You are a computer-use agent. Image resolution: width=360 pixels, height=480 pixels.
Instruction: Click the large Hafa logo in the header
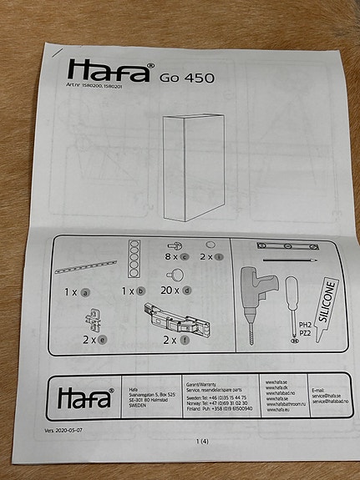tap(109, 70)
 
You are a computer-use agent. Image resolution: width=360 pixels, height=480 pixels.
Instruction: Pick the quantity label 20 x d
tap(176, 291)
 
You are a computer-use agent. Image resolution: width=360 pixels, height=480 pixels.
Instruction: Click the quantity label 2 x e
tap(94, 340)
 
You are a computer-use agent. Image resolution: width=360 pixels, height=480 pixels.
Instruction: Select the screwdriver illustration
tap(292, 306)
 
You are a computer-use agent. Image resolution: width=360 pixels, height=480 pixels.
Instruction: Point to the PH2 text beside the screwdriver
tap(304, 326)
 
